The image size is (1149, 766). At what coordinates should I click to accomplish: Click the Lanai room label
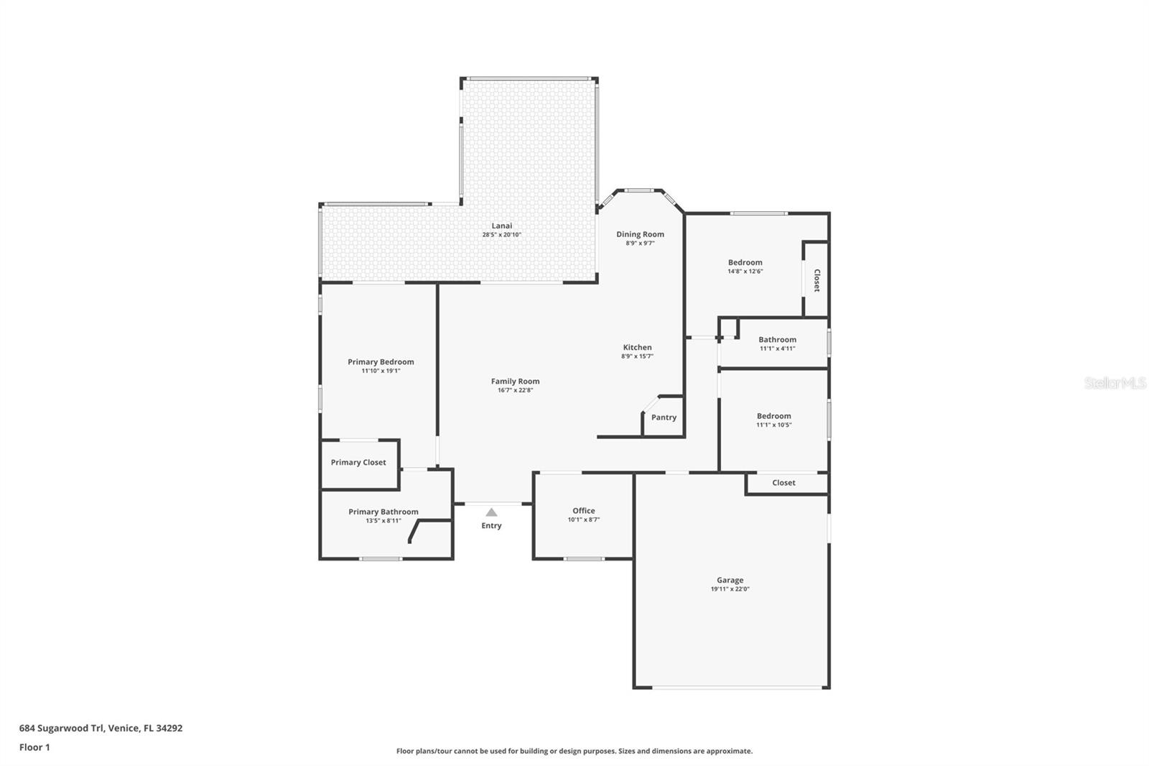[x=501, y=226]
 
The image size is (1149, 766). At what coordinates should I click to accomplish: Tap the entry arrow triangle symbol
[x=491, y=512]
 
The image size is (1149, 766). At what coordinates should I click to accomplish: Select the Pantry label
[x=664, y=417]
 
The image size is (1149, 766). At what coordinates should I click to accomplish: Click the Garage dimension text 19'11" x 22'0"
[x=730, y=589]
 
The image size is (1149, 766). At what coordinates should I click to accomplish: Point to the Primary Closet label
[x=358, y=463]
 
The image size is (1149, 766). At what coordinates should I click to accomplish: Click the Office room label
[x=583, y=511]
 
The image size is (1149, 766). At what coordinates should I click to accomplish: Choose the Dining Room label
[x=640, y=234]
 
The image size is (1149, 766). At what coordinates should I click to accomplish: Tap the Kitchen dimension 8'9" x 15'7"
[x=637, y=356]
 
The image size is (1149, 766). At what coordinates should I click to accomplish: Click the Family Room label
[x=515, y=382]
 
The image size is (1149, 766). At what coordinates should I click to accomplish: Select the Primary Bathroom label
[x=383, y=512]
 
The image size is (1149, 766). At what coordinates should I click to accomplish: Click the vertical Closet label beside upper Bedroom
[x=817, y=280]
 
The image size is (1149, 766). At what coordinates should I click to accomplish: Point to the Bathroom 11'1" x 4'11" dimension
[x=777, y=349]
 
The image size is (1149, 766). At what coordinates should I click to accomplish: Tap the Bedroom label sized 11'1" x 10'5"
[x=773, y=416]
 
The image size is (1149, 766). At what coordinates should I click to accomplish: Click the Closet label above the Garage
[x=783, y=483]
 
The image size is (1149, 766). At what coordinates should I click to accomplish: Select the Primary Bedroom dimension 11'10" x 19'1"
[x=381, y=371]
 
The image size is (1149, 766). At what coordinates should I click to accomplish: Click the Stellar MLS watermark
[x=1115, y=384]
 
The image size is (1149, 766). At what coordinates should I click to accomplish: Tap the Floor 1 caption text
[x=34, y=747]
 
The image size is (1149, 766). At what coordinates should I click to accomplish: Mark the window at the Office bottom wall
[x=584, y=558]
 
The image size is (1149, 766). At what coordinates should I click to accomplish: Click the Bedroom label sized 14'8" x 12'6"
[x=745, y=262]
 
